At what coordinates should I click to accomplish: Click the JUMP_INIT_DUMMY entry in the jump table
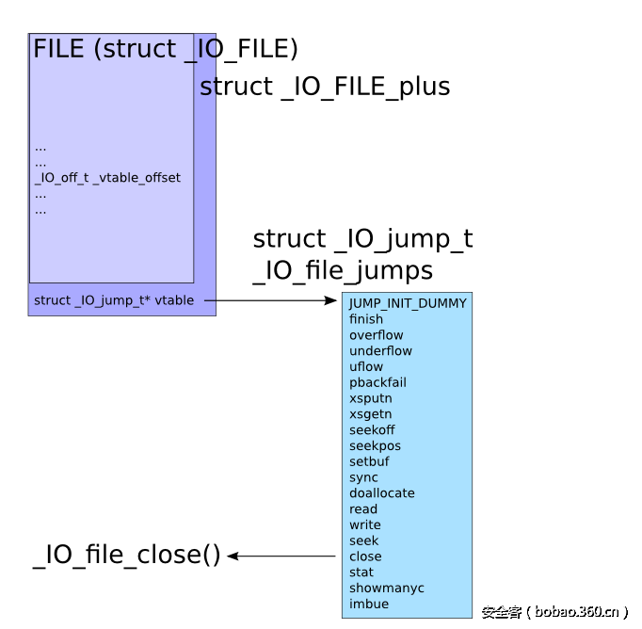[408, 303]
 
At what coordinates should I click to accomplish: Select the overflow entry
[376, 335]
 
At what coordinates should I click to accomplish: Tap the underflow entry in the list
[380, 351]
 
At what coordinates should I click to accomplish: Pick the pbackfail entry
[377, 382]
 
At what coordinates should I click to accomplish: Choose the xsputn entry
[370, 398]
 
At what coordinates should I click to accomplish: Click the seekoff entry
[372, 430]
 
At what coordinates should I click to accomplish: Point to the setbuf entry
[369, 461]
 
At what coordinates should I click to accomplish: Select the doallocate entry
[381, 493]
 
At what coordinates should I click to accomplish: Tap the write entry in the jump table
[365, 525]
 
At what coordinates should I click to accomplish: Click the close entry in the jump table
[365, 556]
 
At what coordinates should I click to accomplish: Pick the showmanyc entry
[386, 589]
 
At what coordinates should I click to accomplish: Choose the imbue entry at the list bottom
[368, 604]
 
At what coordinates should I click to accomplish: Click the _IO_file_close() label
[127, 555]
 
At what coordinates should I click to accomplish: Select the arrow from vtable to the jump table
[270, 300]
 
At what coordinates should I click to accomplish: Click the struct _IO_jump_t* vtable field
[114, 300]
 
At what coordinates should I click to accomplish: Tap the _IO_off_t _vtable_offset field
[107, 178]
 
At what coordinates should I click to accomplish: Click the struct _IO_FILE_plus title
[325, 87]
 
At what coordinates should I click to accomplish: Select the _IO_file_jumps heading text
[343, 271]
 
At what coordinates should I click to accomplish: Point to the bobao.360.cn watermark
[554, 612]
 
